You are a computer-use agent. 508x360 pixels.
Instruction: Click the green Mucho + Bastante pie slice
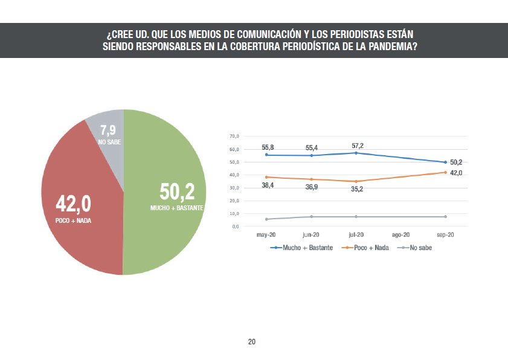coord(166,230)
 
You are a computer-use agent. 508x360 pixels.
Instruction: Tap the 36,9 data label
coord(311,187)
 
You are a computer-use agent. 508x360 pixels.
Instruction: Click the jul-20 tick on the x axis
coord(356,234)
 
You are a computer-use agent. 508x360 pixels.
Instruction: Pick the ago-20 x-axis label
coord(401,234)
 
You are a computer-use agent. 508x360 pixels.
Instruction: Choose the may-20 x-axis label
coord(266,234)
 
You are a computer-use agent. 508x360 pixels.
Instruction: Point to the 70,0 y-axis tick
coord(234,137)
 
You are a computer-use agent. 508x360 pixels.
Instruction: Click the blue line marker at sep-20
coord(445,162)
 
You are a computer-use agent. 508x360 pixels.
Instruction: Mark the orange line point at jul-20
coord(356,181)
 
